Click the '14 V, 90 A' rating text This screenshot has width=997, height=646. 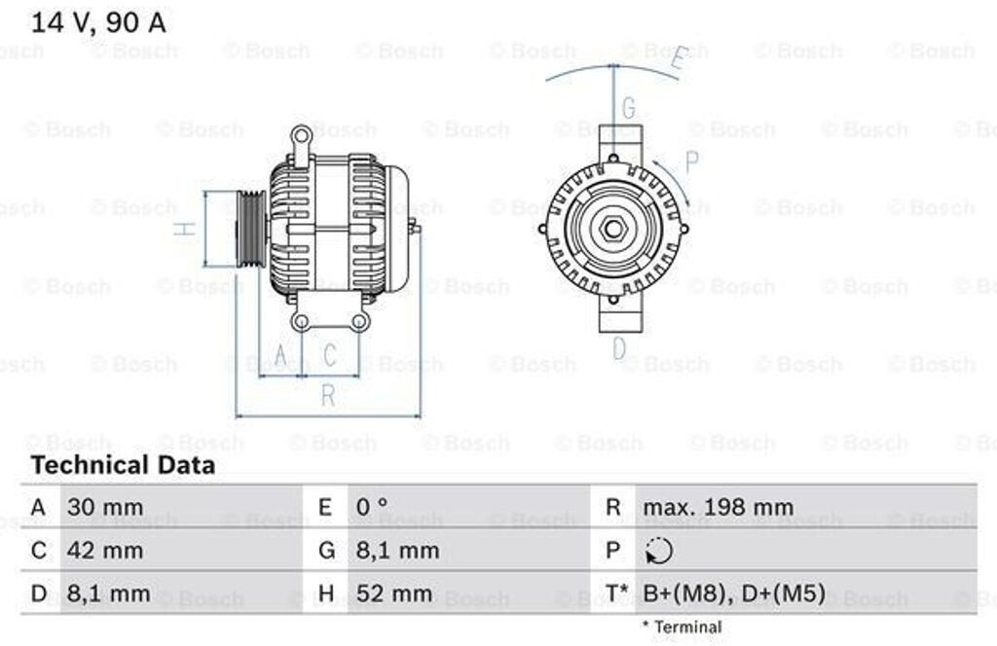tap(98, 23)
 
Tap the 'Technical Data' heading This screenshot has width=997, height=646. tap(123, 465)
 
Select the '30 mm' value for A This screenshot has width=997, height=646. tap(104, 507)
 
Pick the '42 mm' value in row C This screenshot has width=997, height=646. tap(104, 551)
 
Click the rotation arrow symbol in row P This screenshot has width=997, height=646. tap(658, 552)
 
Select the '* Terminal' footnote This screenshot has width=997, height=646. tap(682, 628)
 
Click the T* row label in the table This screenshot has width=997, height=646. tap(615, 593)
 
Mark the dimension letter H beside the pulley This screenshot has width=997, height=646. tap(184, 229)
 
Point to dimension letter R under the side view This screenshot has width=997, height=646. tap(328, 396)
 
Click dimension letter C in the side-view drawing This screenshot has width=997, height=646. tap(330, 355)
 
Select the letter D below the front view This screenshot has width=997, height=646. tap(619, 348)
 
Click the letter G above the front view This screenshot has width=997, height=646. tap(628, 108)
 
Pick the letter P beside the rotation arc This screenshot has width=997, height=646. tap(692, 161)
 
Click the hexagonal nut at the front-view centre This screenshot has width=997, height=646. tap(612, 229)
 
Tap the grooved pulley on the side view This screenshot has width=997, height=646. tap(250, 229)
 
